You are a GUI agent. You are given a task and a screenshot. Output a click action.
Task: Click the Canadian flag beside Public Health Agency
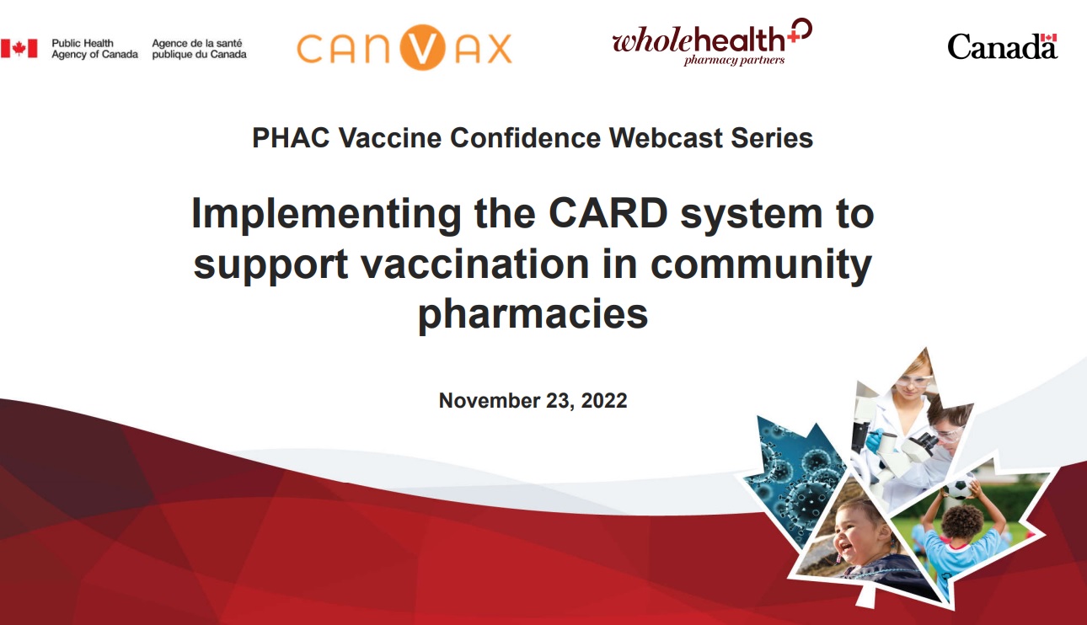click(x=19, y=49)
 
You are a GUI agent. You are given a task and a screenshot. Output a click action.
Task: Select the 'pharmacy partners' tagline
click(x=734, y=60)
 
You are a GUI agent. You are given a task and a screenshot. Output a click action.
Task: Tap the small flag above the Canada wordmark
click(x=1049, y=38)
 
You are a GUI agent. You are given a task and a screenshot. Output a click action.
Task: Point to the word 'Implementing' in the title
click(x=326, y=216)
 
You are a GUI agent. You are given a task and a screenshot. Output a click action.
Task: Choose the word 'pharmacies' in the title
click(x=533, y=314)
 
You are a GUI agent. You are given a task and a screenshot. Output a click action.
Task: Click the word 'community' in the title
click(x=761, y=266)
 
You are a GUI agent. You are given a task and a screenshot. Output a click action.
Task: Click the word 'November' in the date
click(x=485, y=400)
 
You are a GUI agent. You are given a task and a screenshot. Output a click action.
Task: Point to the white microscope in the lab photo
click(x=909, y=447)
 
